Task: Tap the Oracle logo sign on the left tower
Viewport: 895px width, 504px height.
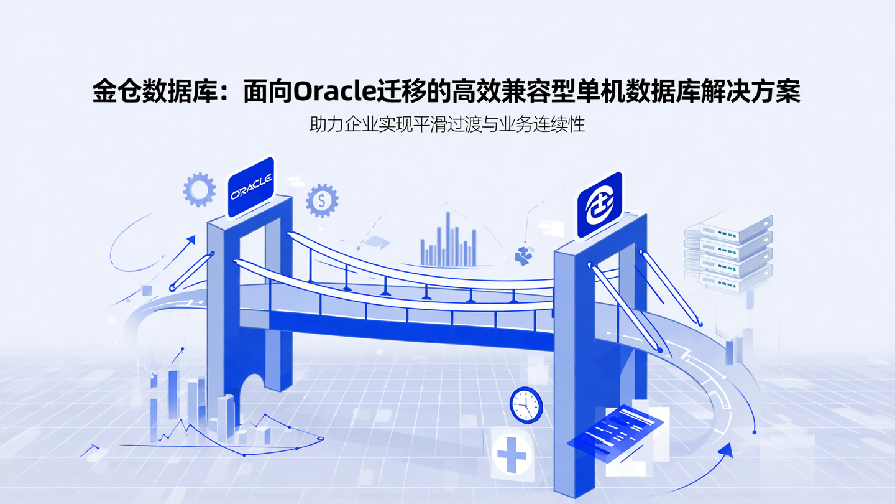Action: click(251, 187)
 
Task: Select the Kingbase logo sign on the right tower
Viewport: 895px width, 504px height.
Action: click(599, 205)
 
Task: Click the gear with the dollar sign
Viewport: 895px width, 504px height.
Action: click(322, 200)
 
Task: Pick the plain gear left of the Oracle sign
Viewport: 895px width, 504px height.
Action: click(200, 189)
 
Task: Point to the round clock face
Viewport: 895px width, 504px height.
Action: click(526, 405)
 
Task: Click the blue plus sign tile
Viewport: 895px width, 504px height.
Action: click(512, 454)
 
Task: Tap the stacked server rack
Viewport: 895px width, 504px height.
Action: click(730, 249)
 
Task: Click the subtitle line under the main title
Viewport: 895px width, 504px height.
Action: click(447, 124)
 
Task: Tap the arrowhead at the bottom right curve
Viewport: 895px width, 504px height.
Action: click(725, 450)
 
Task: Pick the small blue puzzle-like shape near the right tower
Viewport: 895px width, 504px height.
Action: click(524, 255)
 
